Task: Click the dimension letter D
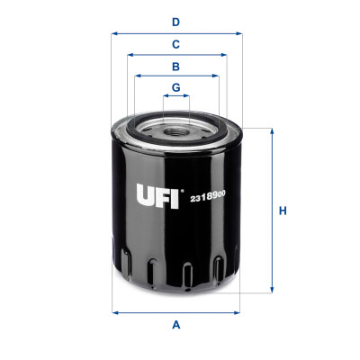click(x=176, y=21)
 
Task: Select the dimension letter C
click(x=176, y=43)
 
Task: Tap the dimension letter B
click(x=176, y=66)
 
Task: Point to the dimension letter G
click(x=176, y=87)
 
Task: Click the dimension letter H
click(x=283, y=211)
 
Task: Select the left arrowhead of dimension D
click(x=114, y=33)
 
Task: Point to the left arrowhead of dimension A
click(x=114, y=312)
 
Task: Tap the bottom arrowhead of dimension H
click(x=270, y=291)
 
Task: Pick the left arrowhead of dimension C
click(x=130, y=55)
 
